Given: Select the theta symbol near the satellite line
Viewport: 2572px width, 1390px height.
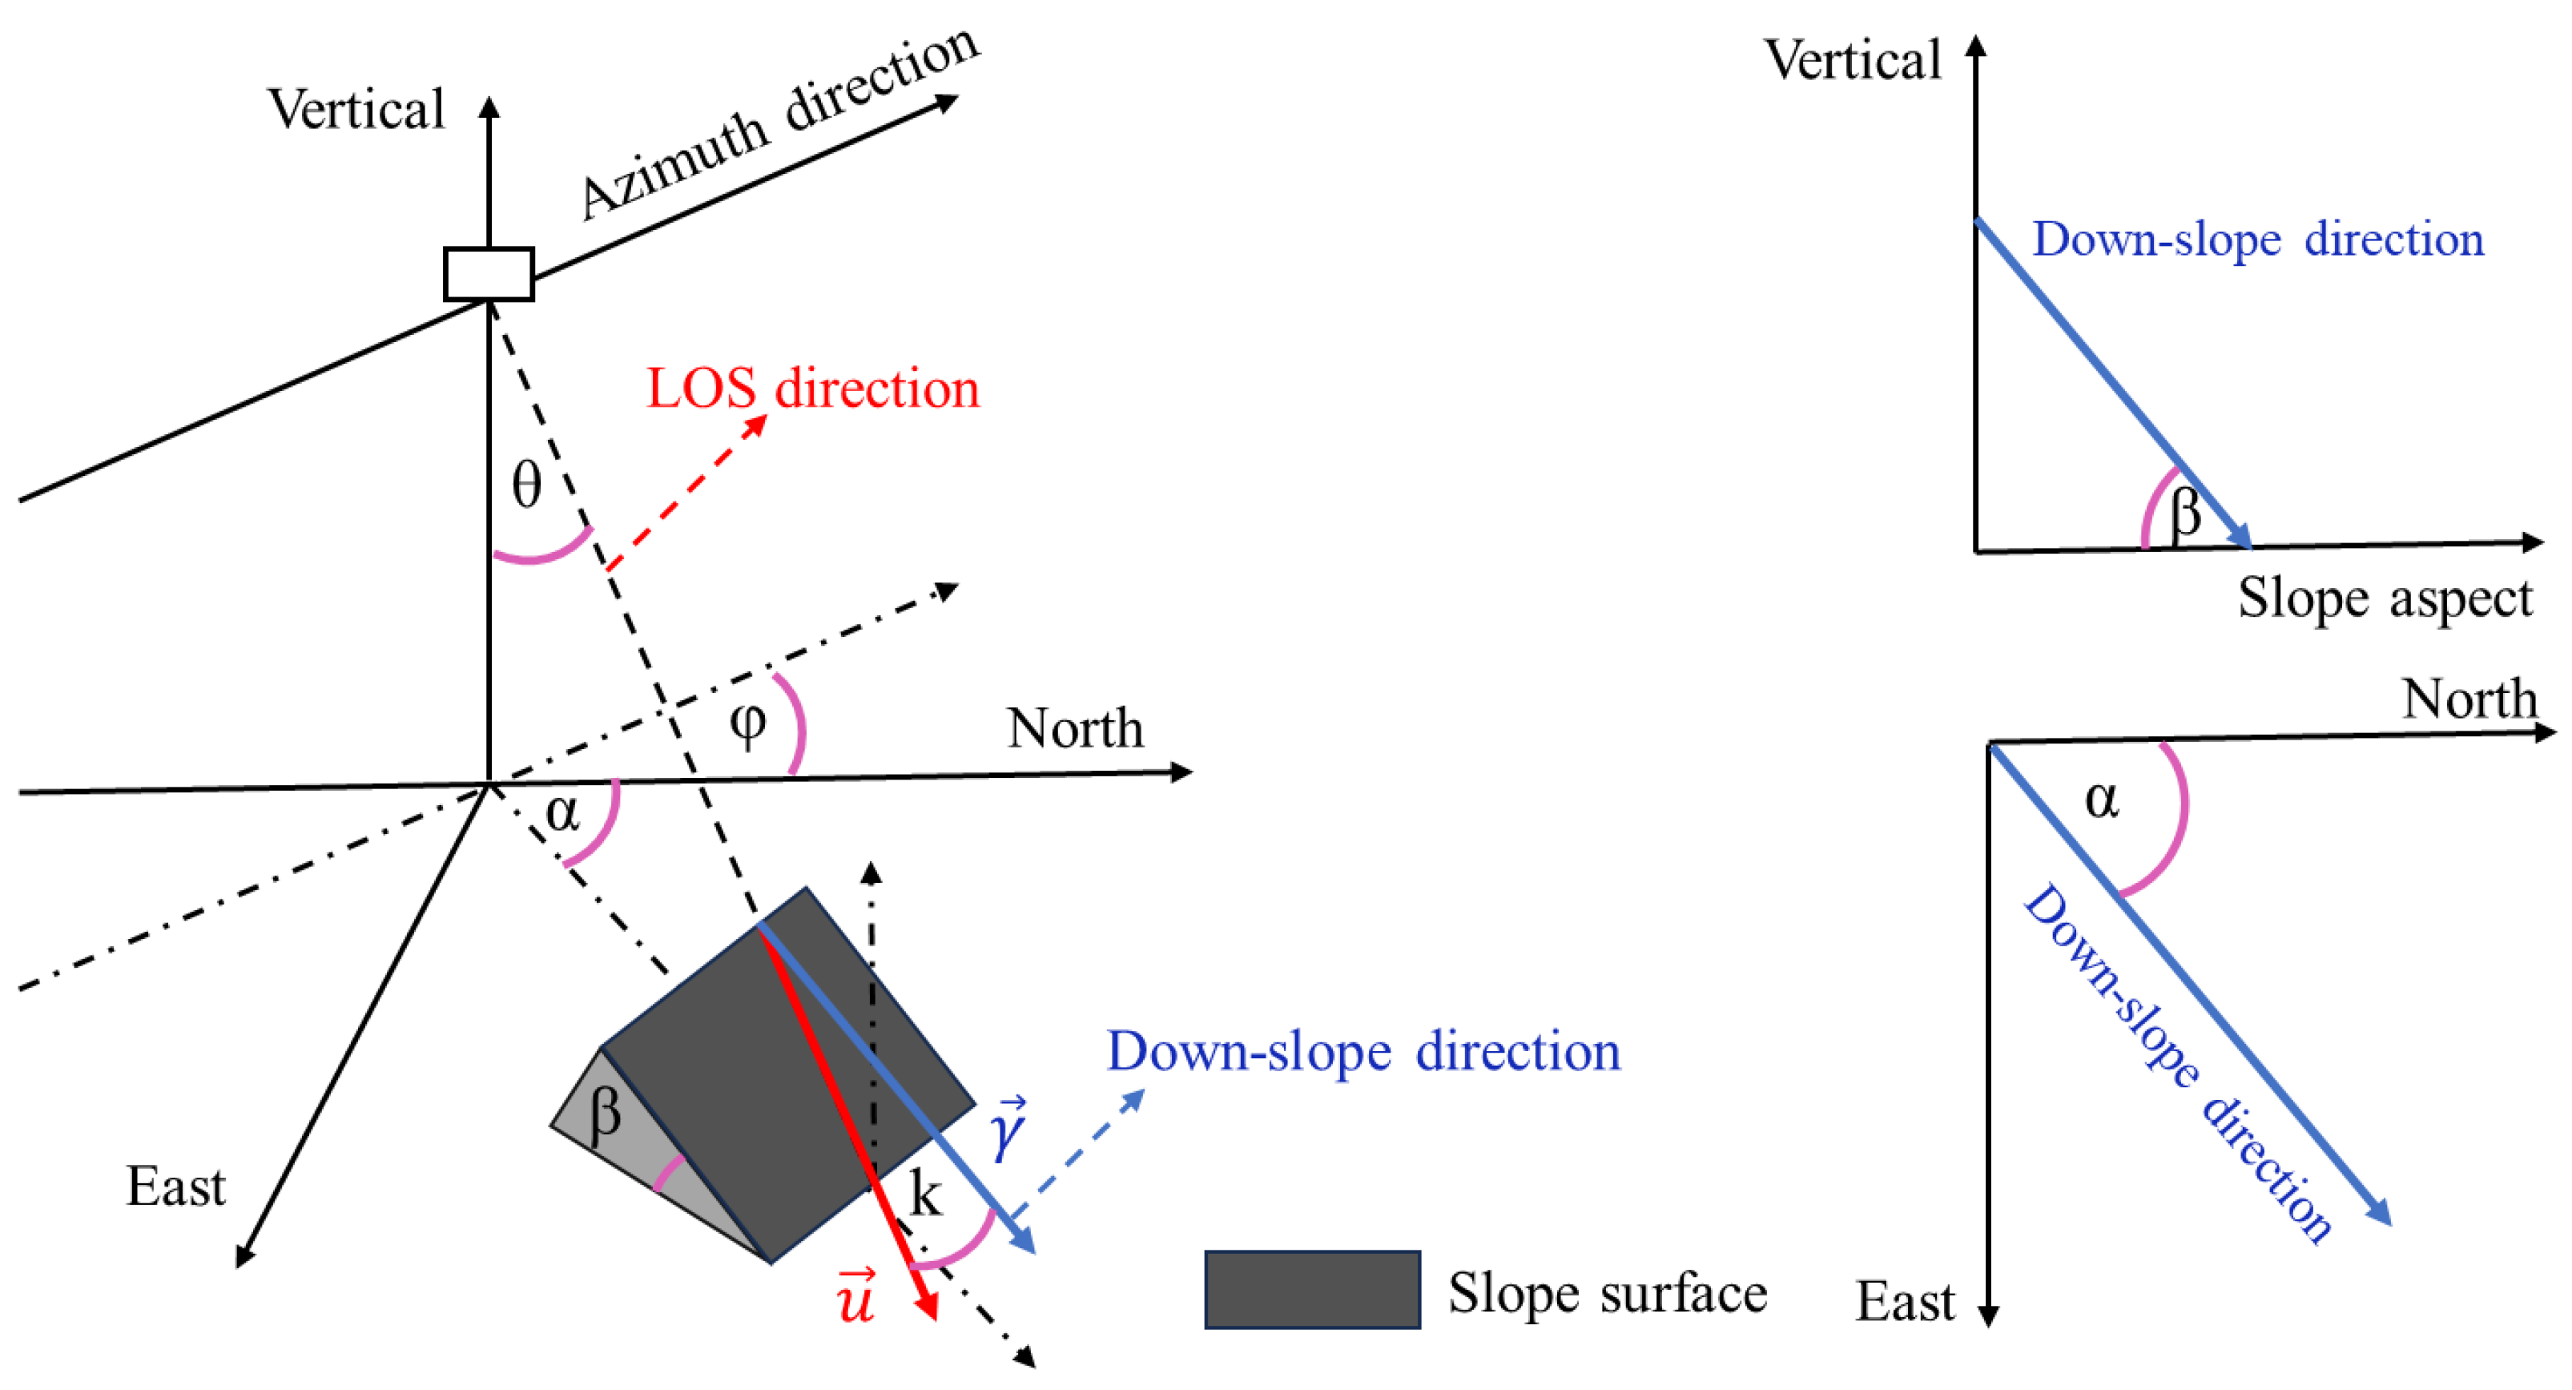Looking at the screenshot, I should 526,485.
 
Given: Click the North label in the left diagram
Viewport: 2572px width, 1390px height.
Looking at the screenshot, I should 1074,728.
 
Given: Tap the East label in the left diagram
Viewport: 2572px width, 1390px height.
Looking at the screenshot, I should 175,1187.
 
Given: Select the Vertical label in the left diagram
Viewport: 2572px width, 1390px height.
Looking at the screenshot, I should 356,109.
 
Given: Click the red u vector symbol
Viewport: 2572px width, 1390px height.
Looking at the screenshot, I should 855,1297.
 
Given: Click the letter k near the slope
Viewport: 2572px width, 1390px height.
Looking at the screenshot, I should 926,1195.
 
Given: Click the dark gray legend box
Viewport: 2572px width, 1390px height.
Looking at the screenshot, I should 1312,1289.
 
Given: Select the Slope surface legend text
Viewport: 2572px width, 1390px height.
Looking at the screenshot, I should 1608,1292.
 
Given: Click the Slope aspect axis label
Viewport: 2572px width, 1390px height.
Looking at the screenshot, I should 2385,598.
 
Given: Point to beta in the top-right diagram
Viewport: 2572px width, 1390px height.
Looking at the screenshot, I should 2184,512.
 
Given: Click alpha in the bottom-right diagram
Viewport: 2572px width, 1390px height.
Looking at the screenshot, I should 2102,799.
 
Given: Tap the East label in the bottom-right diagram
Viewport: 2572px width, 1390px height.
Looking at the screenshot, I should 1904,1301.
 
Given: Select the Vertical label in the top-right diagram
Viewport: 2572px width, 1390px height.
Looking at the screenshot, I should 1854,60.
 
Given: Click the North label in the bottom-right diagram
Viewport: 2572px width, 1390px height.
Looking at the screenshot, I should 2468,698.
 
